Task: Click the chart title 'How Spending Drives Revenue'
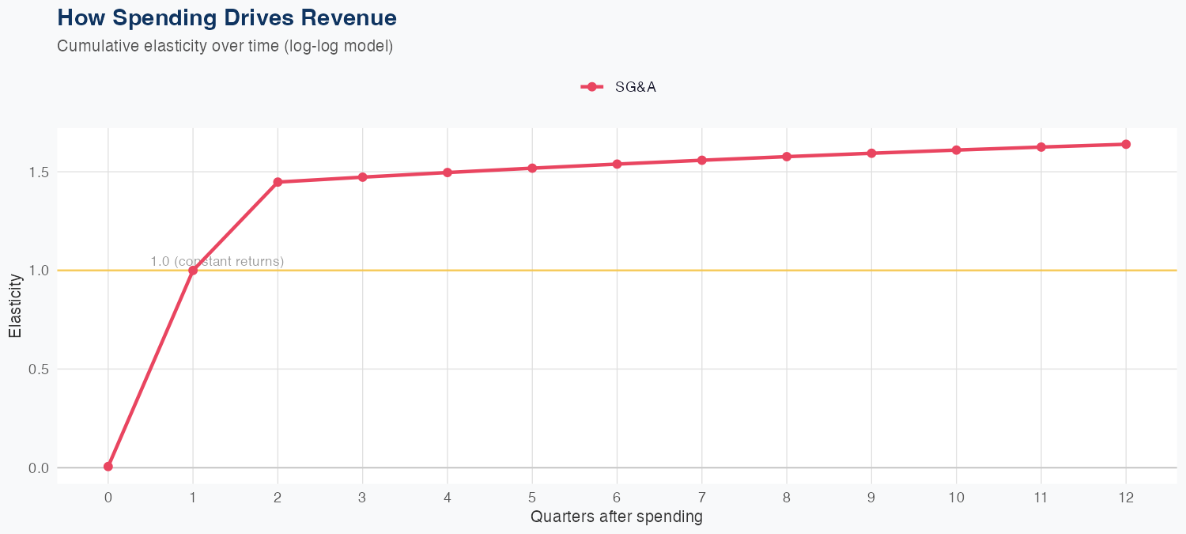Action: [x=227, y=17]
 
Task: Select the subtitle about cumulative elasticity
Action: [x=225, y=46]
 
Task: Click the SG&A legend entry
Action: [x=618, y=87]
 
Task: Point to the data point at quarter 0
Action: [x=108, y=467]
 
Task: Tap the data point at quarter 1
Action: [x=193, y=271]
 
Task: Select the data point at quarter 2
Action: [x=278, y=182]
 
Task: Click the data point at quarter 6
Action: [x=617, y=164]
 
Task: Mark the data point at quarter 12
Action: [x=1126, y=144]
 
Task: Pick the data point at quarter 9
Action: [x=871, y=153]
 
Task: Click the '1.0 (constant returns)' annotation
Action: [x=217, y=261]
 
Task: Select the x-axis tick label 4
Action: [x=448, y=498]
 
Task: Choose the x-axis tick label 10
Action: [x=956, y=498]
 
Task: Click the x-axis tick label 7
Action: [x=702, y=498]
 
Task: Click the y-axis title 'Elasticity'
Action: [x=15, y=306]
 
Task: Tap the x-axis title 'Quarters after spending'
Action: [x=617, y=517]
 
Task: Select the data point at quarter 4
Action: [x=448, y=172]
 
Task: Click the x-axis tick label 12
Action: [x=1126, y=498]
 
